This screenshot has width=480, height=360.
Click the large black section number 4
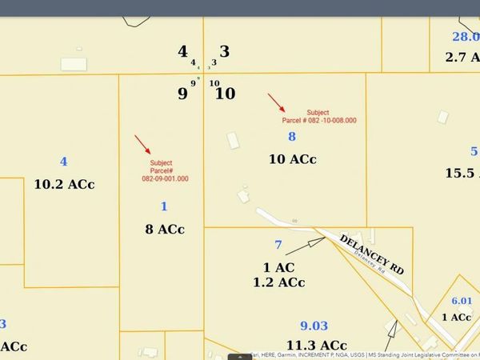click(182, 52)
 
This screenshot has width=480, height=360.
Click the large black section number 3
click(225, 52)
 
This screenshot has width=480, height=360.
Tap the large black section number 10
click(226, 94)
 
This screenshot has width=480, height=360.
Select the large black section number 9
click(182, 94)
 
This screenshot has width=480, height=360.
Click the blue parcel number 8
click(292, 137)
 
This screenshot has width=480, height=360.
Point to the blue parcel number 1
click(164, 206)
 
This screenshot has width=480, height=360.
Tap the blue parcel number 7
click(278, 245)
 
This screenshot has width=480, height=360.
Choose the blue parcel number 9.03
click(314, 326)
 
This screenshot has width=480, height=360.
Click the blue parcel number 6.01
click(462, 300)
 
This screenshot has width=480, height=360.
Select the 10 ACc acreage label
click(292, 159)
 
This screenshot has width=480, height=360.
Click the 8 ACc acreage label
click(164, 229)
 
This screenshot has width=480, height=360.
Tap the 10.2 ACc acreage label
click(64, 184)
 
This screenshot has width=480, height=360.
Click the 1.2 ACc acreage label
click(278, 282)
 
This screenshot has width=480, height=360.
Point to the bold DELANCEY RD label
click(372, 254)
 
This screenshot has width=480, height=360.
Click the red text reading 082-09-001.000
click(165, 179)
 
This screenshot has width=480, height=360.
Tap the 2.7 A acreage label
click(462, 58)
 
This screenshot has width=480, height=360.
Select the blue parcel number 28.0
click(465, 37)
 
